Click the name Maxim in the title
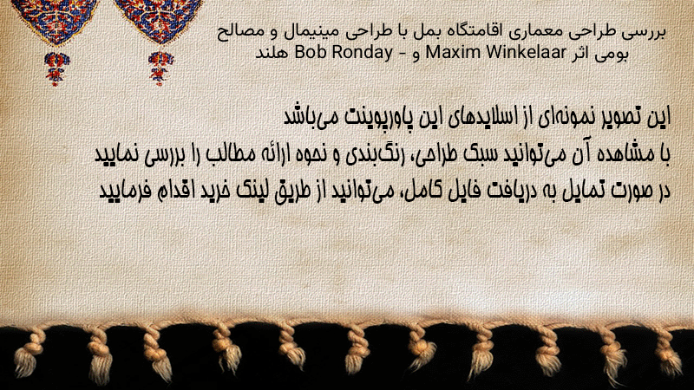point(445,53)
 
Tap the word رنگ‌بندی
point(371,155)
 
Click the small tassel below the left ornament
point(56,68)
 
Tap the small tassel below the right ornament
point(160,68)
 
